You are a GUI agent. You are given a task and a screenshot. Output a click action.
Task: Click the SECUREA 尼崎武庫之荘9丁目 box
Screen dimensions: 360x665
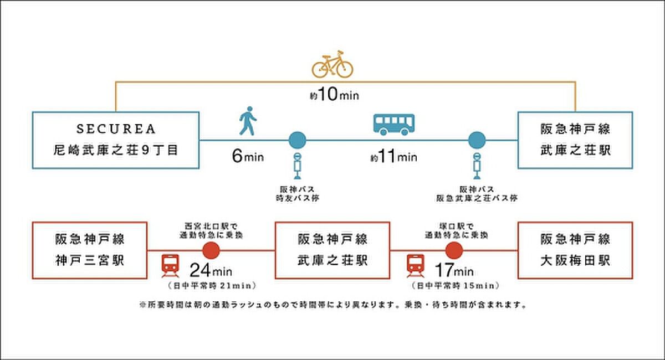point(115,140)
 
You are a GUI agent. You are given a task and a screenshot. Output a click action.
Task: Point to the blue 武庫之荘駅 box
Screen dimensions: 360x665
point(575,140)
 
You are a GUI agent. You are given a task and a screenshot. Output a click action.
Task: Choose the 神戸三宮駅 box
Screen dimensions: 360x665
point(90,250)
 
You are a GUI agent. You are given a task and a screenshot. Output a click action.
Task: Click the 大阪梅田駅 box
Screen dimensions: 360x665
point(575,250)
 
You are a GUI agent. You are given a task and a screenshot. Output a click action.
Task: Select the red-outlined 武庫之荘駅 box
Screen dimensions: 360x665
point(332,250)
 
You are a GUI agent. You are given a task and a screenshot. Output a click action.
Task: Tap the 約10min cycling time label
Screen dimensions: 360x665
point(334,95)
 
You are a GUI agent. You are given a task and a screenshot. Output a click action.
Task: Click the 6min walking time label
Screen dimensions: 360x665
point(247,156)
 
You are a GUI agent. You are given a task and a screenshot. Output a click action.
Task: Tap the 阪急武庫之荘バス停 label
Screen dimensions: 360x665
point(477,194)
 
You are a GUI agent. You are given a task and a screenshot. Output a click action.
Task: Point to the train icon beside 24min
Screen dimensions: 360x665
point(170,265)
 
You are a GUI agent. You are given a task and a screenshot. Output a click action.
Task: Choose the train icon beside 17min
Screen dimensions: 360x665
point(415,265)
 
